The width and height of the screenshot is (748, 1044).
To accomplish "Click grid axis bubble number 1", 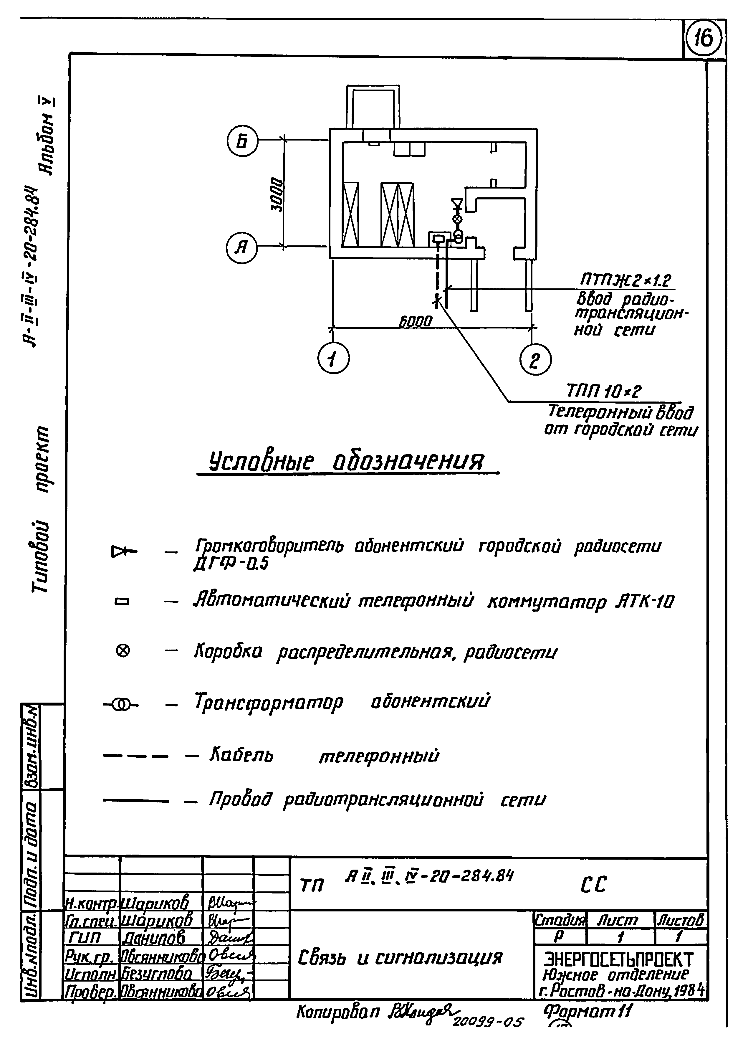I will tap(334, 359).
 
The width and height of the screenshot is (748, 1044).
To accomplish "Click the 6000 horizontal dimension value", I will tap(415, 321).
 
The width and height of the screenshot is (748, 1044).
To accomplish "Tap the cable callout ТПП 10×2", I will tap(604, 392).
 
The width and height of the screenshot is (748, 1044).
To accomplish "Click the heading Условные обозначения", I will tap(347, 460).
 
